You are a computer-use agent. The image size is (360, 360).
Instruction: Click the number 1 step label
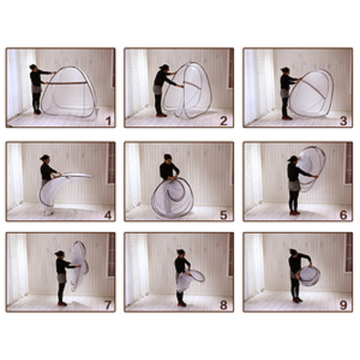pos(108,120)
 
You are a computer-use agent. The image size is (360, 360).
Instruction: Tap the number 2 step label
pos(223,120)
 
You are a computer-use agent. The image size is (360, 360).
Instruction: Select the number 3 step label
pos(343,120)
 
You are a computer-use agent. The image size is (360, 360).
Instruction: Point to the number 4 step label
pos(108,214)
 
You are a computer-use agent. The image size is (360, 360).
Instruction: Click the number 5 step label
pos(223,214)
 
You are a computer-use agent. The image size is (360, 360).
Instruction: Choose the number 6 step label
pos(343,214)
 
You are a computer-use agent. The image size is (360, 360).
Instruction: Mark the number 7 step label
pos(108,305)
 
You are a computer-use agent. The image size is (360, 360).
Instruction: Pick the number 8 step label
pos(223,305)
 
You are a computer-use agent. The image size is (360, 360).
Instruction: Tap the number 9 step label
pos(343,305)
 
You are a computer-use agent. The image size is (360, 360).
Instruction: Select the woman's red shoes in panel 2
pos(160,114)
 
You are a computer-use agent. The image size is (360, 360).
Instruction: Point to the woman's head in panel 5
pos(168,157)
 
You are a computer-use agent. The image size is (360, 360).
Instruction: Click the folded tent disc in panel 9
pos(310,275)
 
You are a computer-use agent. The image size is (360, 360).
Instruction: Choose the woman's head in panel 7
pos(59,254)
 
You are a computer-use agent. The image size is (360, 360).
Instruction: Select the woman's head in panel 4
pos(45,158)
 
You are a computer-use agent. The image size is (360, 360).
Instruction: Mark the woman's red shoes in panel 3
pos(287,117)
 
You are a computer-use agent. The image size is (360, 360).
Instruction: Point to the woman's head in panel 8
pos(181,252)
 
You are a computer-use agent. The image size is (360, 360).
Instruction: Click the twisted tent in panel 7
pos(79,264)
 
